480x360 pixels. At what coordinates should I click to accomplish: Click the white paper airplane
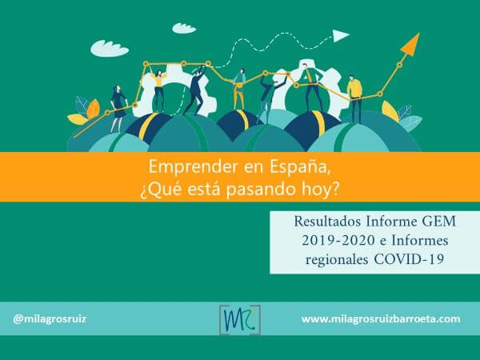(x=342, y=35)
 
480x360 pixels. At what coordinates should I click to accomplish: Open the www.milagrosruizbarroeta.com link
(x=381, y=318)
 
